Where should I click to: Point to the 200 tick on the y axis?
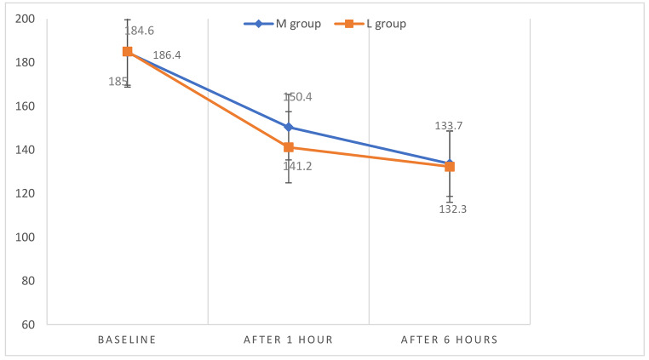point(26,19)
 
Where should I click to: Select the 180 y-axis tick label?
point(26,63)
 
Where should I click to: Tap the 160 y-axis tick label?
point(26,106)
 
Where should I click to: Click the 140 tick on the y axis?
point(26,150)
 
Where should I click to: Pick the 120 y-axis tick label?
point(26,193)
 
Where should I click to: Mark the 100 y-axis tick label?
point(26,237)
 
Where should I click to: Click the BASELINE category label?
point(127,340)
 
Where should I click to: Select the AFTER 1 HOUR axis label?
point(288,340)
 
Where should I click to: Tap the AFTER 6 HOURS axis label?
point(450,340)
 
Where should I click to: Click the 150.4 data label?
point(297,97)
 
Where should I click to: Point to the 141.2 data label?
point(297,166)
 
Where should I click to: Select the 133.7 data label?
point(449,126)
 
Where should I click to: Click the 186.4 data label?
point(166,55)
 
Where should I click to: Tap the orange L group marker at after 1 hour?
point(289,147)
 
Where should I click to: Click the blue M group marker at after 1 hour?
point(289,127)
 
